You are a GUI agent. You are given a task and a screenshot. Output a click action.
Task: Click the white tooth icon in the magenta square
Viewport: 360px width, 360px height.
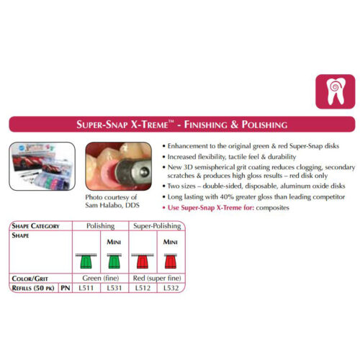[336, 91]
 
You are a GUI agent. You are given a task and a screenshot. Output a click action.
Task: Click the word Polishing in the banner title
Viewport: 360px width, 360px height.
[264, 125]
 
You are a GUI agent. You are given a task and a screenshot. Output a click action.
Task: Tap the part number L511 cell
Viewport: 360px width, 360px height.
[86, 288]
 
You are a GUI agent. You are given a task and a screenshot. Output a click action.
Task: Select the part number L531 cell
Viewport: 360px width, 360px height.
[114, 288]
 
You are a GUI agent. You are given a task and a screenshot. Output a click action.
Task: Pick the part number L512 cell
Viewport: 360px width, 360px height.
[143, 288]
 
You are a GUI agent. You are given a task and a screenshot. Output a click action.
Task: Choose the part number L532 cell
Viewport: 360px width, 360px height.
[171, 288]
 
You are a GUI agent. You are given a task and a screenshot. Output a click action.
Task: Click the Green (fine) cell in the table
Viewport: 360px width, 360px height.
[101, 278]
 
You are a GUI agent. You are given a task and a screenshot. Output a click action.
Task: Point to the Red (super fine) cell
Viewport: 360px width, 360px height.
[157, 278]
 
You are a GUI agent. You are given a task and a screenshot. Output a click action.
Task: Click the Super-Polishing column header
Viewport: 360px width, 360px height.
[157, 226]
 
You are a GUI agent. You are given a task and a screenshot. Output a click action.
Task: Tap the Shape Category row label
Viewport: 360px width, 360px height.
[35, 226]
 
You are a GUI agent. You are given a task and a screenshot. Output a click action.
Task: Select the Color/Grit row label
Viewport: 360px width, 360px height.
[30, 279]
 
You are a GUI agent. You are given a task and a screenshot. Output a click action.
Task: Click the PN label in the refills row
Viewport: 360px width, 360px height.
[66, 288]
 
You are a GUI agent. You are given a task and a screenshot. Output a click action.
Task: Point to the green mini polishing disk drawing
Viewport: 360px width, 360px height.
[114, 261]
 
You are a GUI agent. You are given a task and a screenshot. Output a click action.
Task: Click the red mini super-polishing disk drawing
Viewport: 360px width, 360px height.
[171, 261]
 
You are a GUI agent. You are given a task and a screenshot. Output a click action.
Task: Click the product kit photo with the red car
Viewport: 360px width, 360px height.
[42, 166]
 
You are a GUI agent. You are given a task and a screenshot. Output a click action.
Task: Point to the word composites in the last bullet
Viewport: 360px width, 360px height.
[272, 208]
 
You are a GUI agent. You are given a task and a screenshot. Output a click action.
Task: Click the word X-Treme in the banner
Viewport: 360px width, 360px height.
[149, 125]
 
